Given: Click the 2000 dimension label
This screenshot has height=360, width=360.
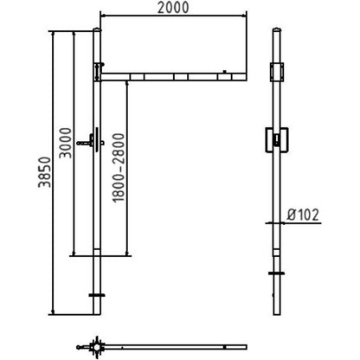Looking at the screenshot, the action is click(173, 8).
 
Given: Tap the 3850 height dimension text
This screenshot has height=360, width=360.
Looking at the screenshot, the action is click(45, 172).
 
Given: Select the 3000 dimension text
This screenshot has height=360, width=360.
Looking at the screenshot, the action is click(66, 143).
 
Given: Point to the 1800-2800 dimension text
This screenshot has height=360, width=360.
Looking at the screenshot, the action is click(119, 168).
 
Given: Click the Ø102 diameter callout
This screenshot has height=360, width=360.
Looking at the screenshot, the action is click(303, 215).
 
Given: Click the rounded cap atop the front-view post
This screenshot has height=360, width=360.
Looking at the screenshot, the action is click(97, 29).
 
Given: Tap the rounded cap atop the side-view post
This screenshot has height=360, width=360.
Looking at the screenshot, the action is click(277, 29).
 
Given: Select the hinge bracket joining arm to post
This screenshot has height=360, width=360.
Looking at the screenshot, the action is click(99, 71).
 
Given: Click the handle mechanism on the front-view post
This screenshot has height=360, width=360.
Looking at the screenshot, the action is click(91, 141).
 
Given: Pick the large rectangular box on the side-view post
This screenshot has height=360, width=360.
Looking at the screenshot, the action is click(277, 140).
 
